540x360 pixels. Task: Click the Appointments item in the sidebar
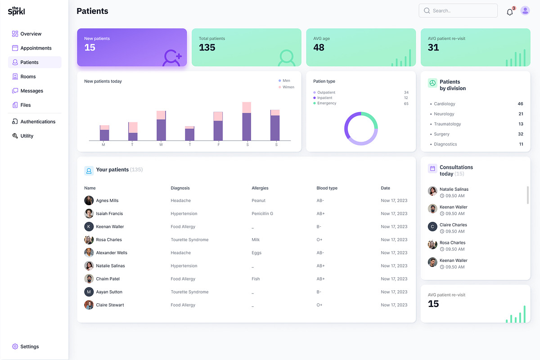tap(36, 48)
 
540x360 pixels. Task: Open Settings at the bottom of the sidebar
tap(29, 346)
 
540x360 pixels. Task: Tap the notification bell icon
tap(510, 12)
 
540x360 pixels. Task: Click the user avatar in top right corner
tap(525, 11)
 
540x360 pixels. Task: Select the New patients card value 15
tap(90, 48)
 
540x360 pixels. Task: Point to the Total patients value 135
tap(207, 48)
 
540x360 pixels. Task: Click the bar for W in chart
tap(161, 126)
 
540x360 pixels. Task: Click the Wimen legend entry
tap(288, 87)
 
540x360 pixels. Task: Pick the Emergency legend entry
tap(327, 103)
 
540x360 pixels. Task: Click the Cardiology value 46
tap(521, 104)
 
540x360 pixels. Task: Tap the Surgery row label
tap(441, 134)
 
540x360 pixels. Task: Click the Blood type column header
tap(327, 188)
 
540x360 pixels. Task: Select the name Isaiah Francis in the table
tap(109, 214)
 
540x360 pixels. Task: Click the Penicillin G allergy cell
tap(262, 214)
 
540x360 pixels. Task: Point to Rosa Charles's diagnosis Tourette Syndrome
tap(189, 240)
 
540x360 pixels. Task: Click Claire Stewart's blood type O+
tap(319, 305)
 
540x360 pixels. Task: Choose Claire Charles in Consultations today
tap(453, 225)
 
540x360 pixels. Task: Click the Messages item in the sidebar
tap(31, 91)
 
